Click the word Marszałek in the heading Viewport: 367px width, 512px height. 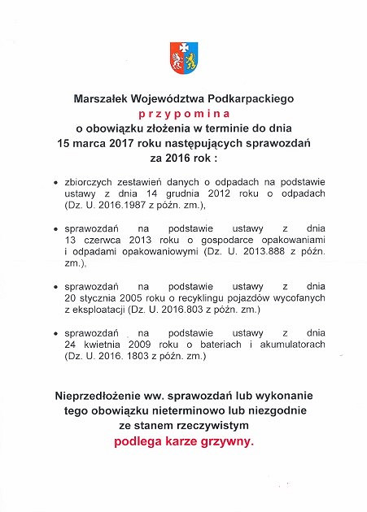[103, 98]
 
